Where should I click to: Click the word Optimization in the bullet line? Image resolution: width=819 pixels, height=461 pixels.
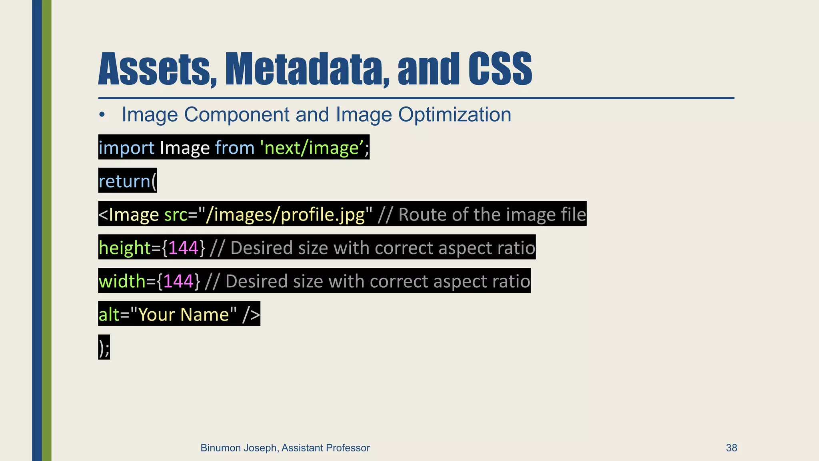tap(455, 114)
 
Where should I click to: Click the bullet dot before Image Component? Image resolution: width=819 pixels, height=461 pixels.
tap(102, 115)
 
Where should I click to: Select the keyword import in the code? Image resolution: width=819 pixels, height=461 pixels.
tap(126, 148)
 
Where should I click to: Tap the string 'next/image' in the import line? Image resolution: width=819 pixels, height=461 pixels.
tap(311, 148)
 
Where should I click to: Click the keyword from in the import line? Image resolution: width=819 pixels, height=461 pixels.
tap(235, 148)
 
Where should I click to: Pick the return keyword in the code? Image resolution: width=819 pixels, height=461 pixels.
tap(124, 181)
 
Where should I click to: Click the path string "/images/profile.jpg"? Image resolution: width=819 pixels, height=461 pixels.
tap(286, 214)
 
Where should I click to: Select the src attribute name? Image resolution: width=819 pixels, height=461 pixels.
tap(176, 214)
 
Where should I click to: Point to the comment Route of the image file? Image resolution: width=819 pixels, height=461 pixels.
tap(492, 214)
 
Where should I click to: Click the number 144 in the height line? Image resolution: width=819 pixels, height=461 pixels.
tap(184, 248)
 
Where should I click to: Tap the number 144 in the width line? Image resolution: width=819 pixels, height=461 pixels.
tap(178, 281)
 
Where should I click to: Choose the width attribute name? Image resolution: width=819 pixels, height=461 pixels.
tap(122, 281)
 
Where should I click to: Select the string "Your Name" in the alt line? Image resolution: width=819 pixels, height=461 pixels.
tap(184, 314)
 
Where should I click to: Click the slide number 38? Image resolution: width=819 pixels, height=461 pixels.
tap(731, 448)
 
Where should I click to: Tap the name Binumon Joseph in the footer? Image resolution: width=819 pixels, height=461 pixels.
tap(238, 448)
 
